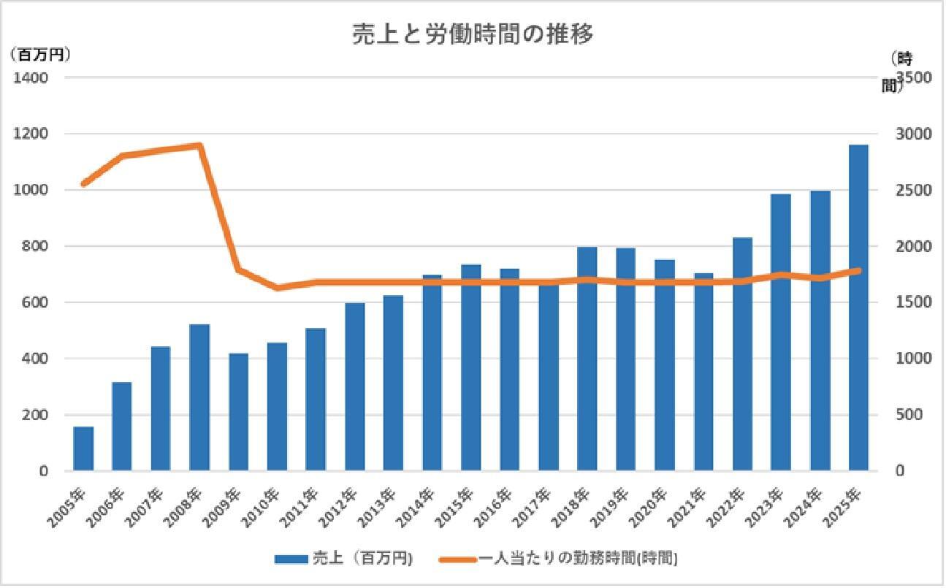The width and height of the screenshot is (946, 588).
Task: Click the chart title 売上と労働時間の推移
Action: [473, 34]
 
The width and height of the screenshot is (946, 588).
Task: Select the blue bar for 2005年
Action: [83, 448]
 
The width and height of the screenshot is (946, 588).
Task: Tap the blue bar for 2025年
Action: [858, 308]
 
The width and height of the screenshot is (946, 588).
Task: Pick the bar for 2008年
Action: [199, 397]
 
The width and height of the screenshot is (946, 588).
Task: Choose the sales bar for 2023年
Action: [780, 332]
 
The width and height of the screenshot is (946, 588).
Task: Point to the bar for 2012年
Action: [354, 386]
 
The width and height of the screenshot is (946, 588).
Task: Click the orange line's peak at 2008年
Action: [199, 145]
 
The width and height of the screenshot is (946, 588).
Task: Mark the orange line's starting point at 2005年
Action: [84, 183]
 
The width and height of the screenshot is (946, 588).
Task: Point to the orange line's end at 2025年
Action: [858, 271]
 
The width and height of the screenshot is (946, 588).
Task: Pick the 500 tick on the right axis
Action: [910, 415]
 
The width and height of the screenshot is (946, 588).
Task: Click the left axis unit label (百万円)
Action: [40, 55]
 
